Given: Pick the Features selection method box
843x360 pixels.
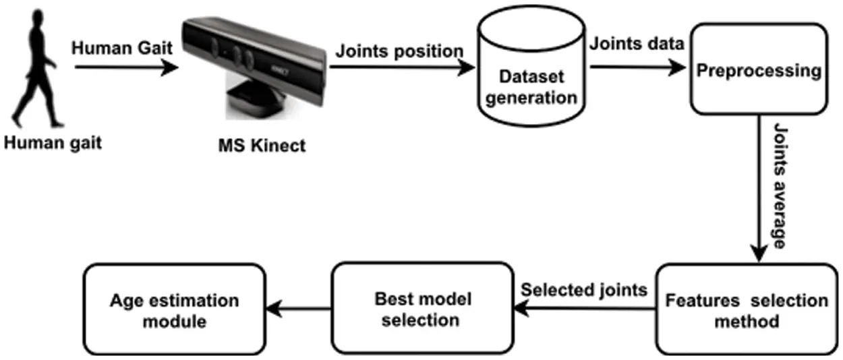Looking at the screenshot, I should click(x=746, y=310).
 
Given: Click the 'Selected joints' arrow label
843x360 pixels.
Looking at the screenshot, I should click(x=585, y=290).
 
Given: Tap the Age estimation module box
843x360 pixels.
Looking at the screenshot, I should click(x=173, y=310).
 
